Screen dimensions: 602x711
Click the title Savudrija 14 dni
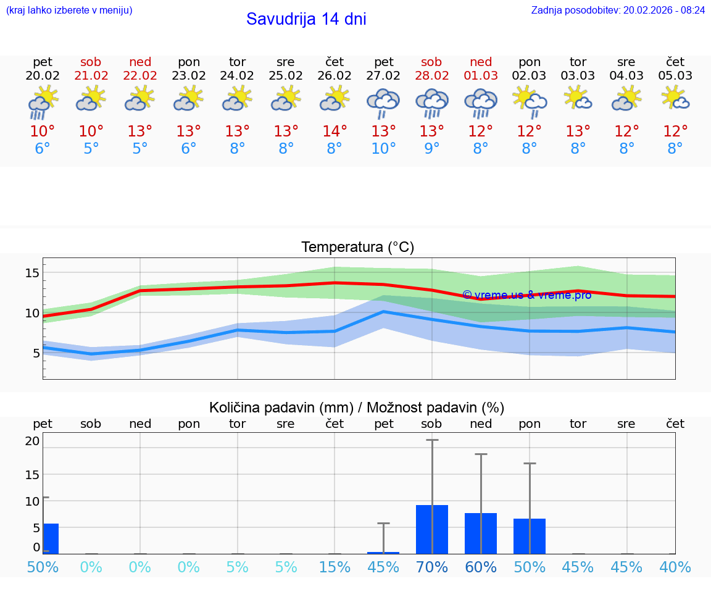(306, 19)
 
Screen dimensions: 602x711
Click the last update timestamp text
(618, 10)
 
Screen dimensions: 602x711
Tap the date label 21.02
(91, 76)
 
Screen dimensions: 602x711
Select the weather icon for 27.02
(383, 102)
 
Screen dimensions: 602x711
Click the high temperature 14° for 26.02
(335, 132)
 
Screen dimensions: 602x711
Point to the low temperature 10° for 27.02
(383, 149)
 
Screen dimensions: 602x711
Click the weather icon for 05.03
(675, 99)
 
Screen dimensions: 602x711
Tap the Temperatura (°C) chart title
(357, 248)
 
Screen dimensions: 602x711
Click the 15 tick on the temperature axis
(32, 273)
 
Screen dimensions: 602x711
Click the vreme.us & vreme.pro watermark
(526, 295)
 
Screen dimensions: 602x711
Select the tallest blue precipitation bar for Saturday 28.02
(432, 529)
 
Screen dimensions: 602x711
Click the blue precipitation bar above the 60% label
(481, 533)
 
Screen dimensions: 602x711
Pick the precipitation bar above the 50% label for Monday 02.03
(530, 536)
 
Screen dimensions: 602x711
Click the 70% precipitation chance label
(432, 567)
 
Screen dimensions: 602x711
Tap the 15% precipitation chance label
(335, 567)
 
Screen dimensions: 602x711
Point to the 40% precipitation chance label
(675, 567)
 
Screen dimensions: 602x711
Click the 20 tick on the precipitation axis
(32, 441)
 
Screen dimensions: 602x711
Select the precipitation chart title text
(357, 408)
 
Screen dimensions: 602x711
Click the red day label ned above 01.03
(481, 62)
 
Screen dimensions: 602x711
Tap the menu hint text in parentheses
(69, 10)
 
